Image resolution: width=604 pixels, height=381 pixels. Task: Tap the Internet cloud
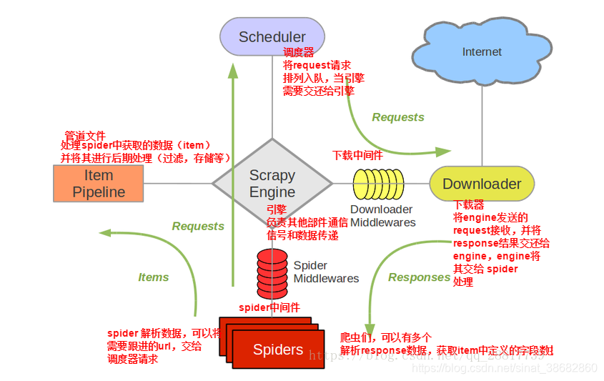[481, 52]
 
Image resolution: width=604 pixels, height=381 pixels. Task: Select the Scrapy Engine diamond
[272, 183]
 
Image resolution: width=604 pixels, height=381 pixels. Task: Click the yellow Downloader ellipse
[482, 184]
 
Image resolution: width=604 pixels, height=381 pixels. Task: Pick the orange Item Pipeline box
[99, 184]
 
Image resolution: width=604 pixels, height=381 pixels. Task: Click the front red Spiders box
[278, 350]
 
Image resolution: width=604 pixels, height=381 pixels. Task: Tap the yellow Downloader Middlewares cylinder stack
[378, 184]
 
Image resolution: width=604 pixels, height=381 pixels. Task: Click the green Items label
[153, 277]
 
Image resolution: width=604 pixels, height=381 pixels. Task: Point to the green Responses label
[419, 277]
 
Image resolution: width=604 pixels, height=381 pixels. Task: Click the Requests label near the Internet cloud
[398, 117]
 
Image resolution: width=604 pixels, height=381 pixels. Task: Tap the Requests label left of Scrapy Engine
[198, 226]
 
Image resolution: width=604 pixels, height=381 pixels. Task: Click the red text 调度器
[299, 52]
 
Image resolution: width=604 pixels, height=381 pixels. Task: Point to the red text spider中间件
[269, 307]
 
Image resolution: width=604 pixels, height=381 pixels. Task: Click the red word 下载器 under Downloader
[468, 204]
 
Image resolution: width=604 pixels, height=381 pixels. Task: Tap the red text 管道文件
[85, 135]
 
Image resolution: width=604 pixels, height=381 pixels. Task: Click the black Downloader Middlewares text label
[381, 216]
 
